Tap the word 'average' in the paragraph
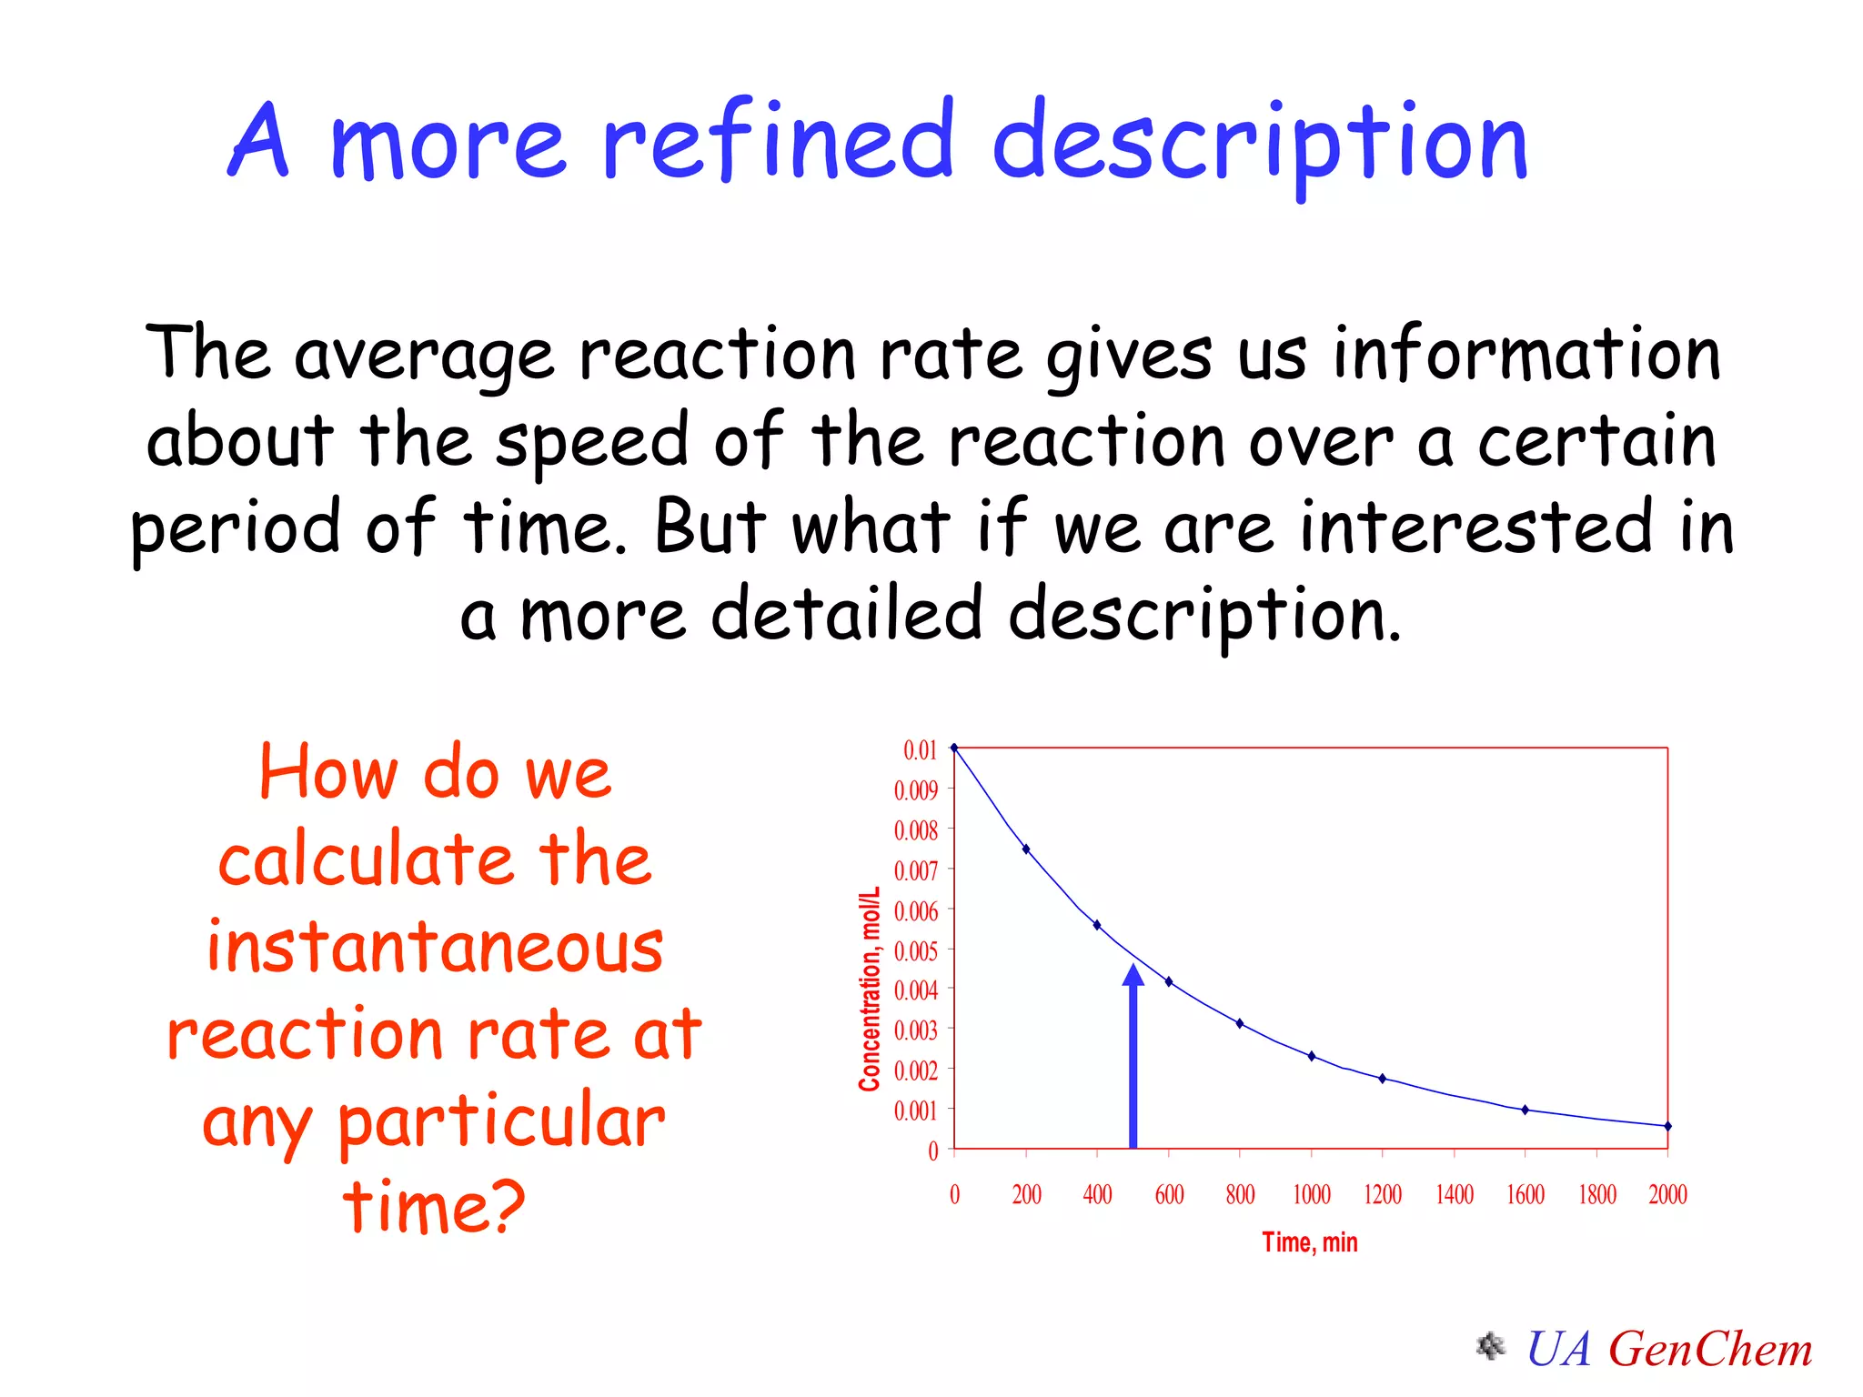point(424,355)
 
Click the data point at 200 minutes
point(1026,849)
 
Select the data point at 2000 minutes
point(1667,1126)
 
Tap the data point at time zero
point(954,748)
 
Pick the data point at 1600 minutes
point(1526,1110)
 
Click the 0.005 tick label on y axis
point(915,951)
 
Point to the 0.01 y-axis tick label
point(920,750)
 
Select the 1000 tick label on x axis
point(1311,1194)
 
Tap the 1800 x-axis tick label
point(1596,1194)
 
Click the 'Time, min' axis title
point(1309,1242)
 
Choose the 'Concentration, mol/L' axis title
point(870,989)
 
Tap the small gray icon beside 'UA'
point(1490,1346)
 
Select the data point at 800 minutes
point(1240,1023)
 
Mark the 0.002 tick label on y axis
point(915,1070)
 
